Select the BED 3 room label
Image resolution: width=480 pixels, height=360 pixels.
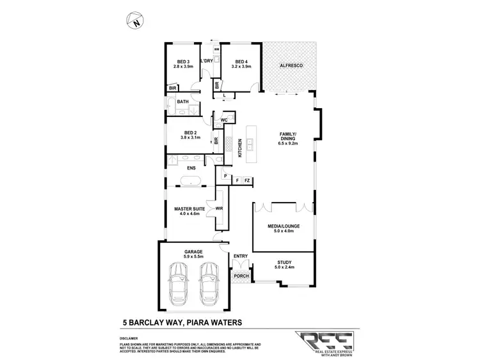(184, 62)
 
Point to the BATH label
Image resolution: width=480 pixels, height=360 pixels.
(183, 102)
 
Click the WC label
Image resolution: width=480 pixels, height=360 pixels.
(225, 120)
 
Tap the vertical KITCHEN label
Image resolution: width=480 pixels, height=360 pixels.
(241, 148)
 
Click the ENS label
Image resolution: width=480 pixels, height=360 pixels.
(191, 168)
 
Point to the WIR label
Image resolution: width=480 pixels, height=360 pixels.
(220, 208)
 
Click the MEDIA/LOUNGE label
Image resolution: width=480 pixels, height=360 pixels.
(284, 226)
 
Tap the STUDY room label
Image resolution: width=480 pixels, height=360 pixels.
(284, 262)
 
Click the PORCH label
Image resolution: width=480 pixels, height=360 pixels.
(241, 276)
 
